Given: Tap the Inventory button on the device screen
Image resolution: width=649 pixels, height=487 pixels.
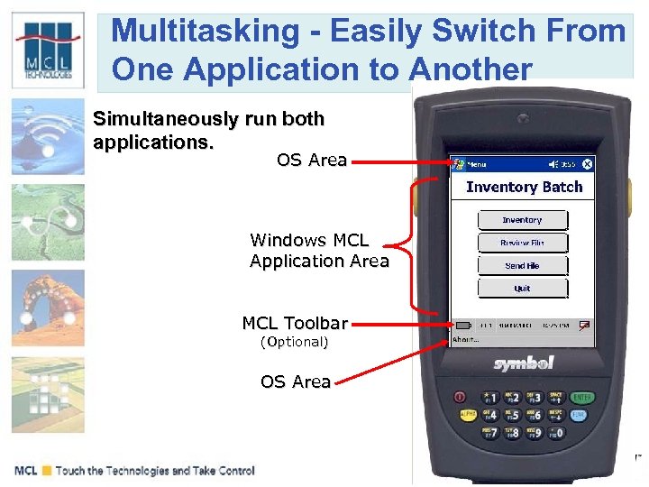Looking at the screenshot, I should tap(522, 220).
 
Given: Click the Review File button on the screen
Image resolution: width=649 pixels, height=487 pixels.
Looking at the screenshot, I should tap(522, 243).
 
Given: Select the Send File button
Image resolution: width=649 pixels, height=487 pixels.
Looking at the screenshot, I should tap(522, 266).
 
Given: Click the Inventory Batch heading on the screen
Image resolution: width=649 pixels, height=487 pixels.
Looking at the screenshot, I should tap(524, 187).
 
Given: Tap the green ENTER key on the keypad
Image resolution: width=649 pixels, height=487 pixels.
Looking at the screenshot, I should tap(581, 397).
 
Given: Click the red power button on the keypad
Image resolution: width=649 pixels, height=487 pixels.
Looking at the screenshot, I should tap(461, 397).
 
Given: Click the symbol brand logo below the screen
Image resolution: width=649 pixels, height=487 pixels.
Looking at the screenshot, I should tap(523, 363).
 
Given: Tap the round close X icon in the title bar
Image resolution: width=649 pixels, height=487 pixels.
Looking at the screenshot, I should tap(588, 164).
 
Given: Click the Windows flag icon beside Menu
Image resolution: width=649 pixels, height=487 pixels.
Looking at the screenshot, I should tap(459, 164).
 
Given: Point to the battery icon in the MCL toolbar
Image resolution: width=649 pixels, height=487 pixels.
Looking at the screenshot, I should tap(462, 325).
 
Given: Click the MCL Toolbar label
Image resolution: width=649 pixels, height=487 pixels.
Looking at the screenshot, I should tap(294, 323).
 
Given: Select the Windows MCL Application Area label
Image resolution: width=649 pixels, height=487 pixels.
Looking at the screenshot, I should tap(319, 251).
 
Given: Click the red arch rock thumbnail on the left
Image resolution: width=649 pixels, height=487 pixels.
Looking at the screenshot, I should tap(48, 306).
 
